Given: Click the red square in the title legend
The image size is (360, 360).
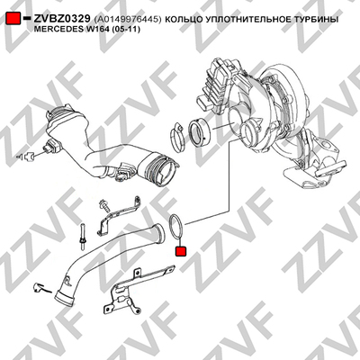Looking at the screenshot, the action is click(13, 19).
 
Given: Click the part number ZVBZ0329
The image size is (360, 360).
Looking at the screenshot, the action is click(62, 19).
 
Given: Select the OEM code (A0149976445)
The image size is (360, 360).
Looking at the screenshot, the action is click(128, 20).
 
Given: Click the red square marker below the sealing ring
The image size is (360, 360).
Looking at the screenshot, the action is click(181, 251).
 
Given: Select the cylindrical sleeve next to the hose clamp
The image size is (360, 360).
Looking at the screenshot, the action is click(199, 132).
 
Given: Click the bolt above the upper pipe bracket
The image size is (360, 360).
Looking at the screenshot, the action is click(103, 205).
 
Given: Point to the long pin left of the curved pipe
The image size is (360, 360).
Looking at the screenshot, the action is click(82, 236).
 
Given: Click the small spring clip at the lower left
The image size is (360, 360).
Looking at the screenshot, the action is click(40, 288).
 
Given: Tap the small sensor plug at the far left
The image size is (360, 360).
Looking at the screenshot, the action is click(28, 156).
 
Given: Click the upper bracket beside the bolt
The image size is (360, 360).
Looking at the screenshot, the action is click(120, 212).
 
